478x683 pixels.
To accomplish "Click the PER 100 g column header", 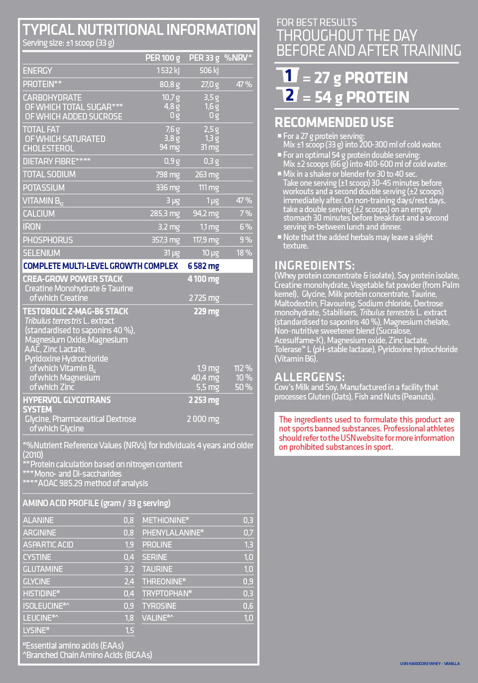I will [x=162, y=58].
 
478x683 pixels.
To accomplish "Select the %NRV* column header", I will [x=238, y=58].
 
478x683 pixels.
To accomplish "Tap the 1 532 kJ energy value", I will [x=168, y=71].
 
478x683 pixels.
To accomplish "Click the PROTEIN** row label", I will [x=42, y=84].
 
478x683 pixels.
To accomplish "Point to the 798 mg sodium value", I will [x=168, y=175].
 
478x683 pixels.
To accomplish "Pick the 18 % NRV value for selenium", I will [x=244, y=253].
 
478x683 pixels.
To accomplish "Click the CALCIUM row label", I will [x=39, y=214].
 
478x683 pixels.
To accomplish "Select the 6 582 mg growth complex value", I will [x=203, y=266].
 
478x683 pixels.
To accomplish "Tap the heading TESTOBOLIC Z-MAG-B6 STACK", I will [x=76, y=311].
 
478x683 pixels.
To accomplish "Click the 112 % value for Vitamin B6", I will [x=243, y=368].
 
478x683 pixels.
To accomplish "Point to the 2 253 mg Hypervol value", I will [x=204, y=400].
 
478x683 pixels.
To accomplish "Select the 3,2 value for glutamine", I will [x=129, y=569].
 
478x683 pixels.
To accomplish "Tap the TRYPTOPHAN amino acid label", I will [x=167, y=593].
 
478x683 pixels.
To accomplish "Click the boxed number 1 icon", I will [x=288, y=76].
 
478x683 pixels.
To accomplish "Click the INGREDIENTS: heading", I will [x=315, y=265].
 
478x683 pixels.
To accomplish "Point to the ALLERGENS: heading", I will [x=310, y=377].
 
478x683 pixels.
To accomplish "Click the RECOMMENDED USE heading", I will [x=334, y=123].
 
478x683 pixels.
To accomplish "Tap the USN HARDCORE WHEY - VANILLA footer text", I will [x=430, y=664].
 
